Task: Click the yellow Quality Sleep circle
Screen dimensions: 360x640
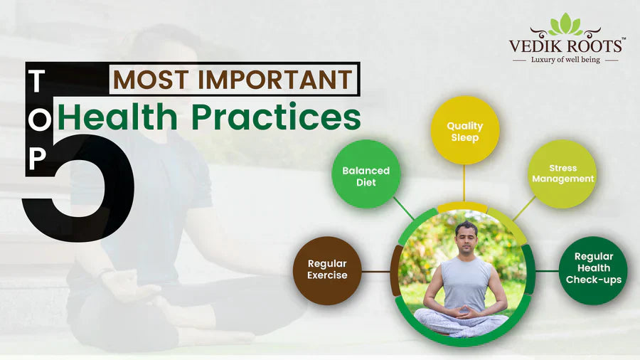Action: pos(465,130)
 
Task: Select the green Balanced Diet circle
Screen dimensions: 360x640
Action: pos(366,176)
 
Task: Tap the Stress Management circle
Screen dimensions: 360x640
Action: pos(562,174)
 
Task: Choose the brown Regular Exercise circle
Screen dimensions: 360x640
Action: pos(327,270)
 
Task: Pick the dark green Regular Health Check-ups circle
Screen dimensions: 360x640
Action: pos(593,270)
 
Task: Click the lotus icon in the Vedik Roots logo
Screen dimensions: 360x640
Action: pos(566,24)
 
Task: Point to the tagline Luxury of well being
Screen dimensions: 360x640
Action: pos(566,60)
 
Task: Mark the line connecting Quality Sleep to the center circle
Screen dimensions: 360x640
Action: pos(464,184)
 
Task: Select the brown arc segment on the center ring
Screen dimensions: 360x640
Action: pos(395,271)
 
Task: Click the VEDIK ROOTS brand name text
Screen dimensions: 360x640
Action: pos(566,46)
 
